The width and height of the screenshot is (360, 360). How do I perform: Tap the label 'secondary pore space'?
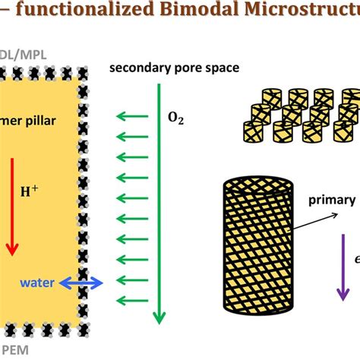point(174,68)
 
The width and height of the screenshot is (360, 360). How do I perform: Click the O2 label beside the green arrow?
point(175,118)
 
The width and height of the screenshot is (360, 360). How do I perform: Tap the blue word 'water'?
point(36,283)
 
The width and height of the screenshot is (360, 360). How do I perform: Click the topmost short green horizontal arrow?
point(131,117)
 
